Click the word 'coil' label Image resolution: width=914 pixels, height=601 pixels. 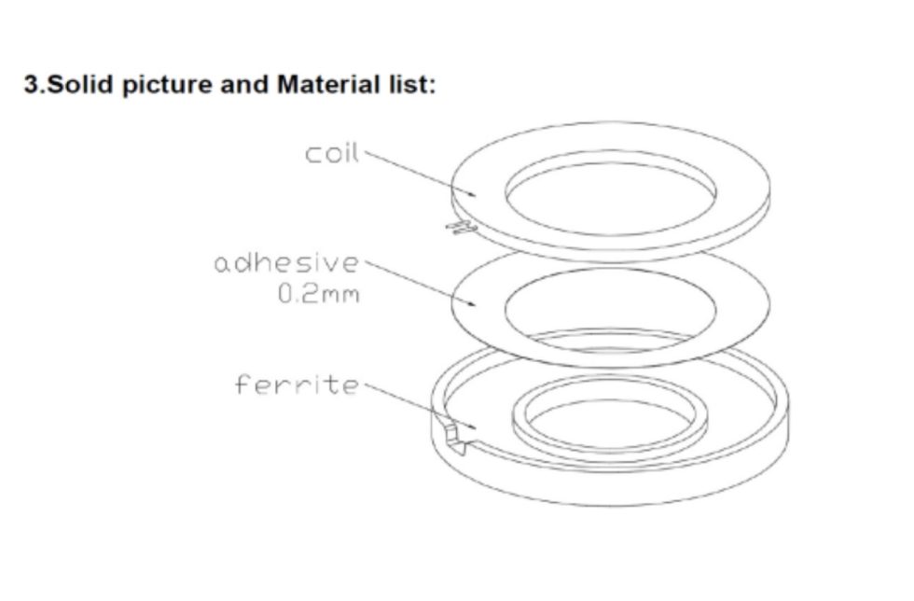pos(331,154)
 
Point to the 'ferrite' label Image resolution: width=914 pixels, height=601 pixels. pos(296,384)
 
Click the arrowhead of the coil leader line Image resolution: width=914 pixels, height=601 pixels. pos(475,194)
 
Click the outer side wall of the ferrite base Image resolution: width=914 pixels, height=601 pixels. pos(611,490)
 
